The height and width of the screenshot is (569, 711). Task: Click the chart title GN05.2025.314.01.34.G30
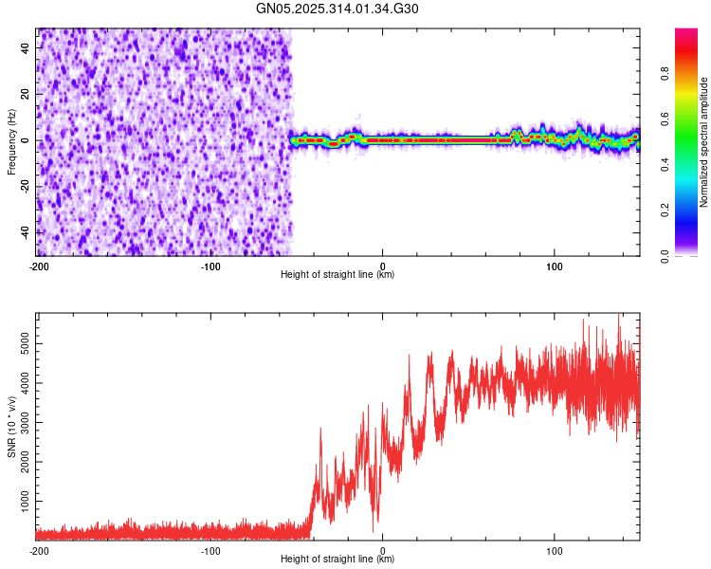(x=337, y=9)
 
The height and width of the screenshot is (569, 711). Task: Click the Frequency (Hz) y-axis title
(x=12, y=141)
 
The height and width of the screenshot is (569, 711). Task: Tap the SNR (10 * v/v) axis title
(x=12, y=427)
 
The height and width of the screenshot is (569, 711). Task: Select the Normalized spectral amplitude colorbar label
(x=704, y=142)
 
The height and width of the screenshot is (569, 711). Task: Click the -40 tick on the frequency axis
(x=22, y=232)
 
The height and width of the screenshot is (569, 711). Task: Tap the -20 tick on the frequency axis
(x=22, y=186)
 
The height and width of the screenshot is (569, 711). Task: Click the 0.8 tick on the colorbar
(x=666, y=73)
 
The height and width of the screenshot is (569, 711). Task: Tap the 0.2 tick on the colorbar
(x=666, y=211)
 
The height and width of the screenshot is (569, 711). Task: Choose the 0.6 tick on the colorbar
(x=666, y=119)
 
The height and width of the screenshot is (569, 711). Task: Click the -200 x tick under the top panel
(x=39, y=266)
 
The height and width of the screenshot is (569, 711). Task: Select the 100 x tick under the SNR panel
(x=556, y=550)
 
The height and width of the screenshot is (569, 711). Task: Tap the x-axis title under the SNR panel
(x=337, y=560)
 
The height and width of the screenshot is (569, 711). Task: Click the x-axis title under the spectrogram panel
(x=337, y=275)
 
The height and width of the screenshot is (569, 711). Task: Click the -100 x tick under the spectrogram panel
(x=210, y=266)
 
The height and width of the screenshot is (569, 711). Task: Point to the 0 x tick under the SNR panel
(x=383, y=550)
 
